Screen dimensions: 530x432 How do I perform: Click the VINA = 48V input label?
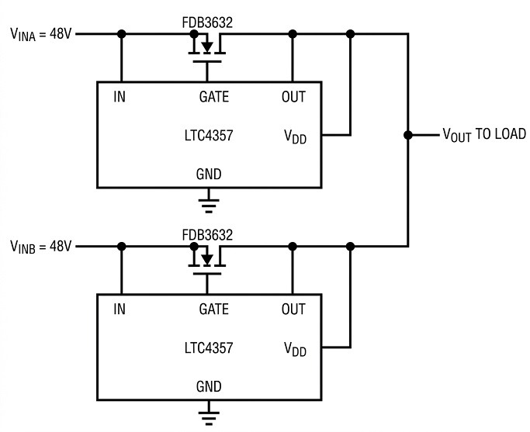coord(41,34)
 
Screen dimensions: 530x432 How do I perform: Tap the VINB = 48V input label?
coord(41,247)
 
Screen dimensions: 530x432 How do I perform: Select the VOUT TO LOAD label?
coord(484,135)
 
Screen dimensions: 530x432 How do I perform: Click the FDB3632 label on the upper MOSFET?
coord(207,22)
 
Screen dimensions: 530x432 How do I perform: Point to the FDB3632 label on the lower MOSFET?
coord(207,235)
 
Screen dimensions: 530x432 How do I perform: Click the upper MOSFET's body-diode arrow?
coord(207,47)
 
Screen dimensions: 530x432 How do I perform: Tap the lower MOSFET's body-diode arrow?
coord(207,259)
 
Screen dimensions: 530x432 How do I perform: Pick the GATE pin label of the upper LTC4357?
coord(214,97)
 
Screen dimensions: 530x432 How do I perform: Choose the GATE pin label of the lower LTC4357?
coord(214,309)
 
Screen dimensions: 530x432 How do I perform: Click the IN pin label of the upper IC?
coord(120,97)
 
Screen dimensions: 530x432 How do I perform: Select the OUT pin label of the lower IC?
coord(293,309)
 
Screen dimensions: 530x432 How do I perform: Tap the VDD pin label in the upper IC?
coord(295,137)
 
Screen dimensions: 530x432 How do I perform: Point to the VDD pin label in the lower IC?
coord(295,349)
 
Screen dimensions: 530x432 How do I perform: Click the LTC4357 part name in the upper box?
coord(209,136)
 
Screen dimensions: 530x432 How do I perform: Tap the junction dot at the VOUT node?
coord(408,135)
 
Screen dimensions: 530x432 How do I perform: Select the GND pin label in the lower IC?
coord(209,387)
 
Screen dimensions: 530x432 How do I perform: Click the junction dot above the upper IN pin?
coord(121,34)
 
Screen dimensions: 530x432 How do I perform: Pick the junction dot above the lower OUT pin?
coord(293,247)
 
